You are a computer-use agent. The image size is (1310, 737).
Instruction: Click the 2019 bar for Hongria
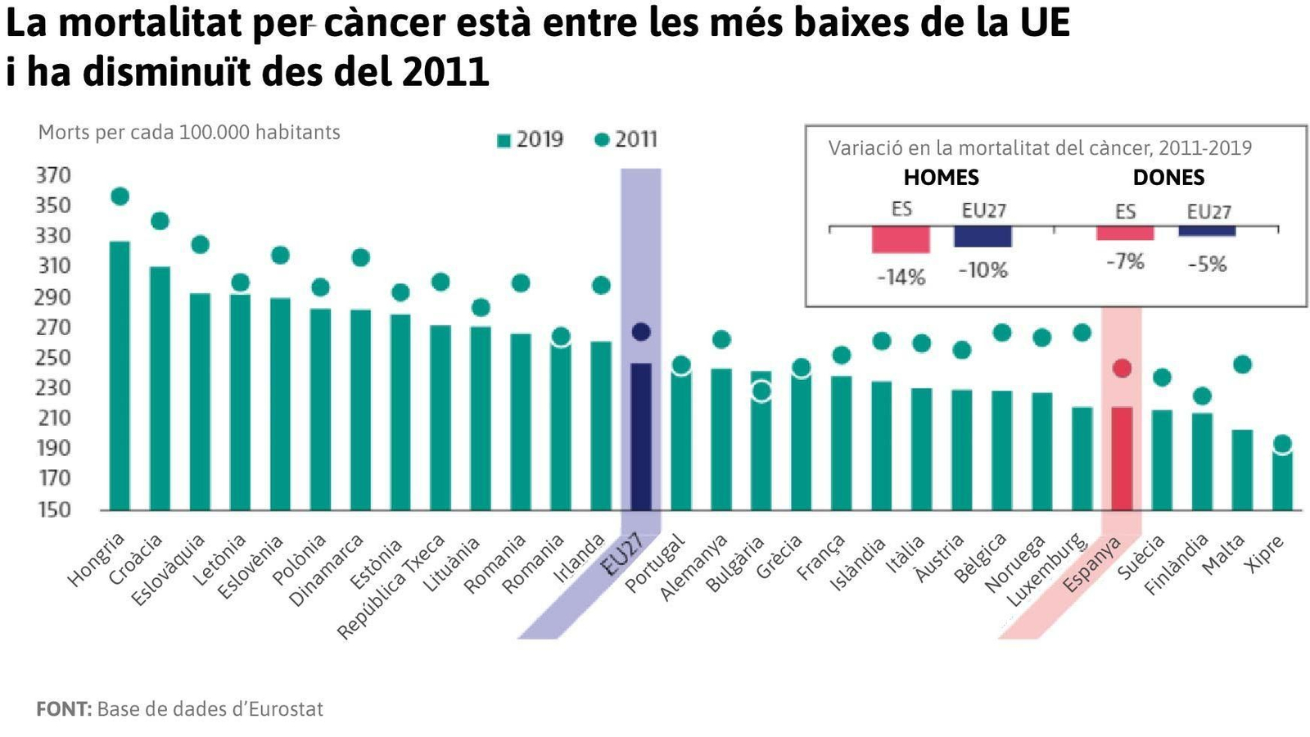coord(120,377)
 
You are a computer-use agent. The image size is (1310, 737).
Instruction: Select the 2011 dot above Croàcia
coord(160,221)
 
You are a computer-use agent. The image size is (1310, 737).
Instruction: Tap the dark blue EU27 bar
coord(641,438)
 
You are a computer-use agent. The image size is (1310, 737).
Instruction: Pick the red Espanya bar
coord(1122,459)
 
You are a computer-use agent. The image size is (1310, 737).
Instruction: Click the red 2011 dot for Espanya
coord(1123,368)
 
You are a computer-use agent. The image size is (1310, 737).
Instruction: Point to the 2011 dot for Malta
coord(1242,364)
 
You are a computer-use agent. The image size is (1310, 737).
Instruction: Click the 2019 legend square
coord(504,141)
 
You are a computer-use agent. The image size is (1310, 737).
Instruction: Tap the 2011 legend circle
coord(602,140)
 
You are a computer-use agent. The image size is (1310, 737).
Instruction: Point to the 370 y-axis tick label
coord(53,175)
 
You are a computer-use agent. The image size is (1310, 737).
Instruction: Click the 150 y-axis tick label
coord(53,509)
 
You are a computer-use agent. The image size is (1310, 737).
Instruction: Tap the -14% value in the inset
coord(901,278)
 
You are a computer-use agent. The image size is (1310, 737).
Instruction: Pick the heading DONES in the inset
coord(1168,178)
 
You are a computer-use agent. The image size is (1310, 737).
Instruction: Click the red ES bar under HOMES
coord(901,240)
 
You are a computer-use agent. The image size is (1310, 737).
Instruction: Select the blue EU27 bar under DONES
coord(1207,232)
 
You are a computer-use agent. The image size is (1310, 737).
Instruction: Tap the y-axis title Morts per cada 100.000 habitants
coord(189,133)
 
